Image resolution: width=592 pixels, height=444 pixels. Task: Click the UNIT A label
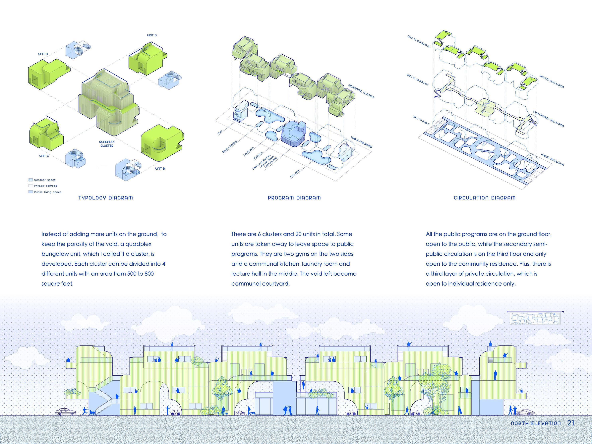pos(43,54)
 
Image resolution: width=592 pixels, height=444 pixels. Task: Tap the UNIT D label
pos(152,35)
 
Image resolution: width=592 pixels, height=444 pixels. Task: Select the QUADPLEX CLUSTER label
pos(107,144)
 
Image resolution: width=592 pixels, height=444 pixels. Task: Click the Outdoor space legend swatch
pos(30,180)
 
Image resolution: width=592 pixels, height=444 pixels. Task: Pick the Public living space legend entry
pos(45,192)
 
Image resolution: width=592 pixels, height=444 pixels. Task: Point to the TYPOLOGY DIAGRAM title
pos(105,198)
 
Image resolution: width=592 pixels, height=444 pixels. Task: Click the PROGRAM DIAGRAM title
pos(294,198)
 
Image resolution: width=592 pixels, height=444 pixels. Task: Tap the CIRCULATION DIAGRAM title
pos(484,198)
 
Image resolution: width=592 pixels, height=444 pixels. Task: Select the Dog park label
pos(295,173)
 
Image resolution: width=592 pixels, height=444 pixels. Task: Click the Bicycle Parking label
pos(230,147)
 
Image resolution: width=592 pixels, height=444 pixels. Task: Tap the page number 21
pos(571,423)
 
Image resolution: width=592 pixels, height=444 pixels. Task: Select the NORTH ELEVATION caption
pos(536,423)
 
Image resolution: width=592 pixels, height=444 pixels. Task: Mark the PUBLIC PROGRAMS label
pos(361,142)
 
